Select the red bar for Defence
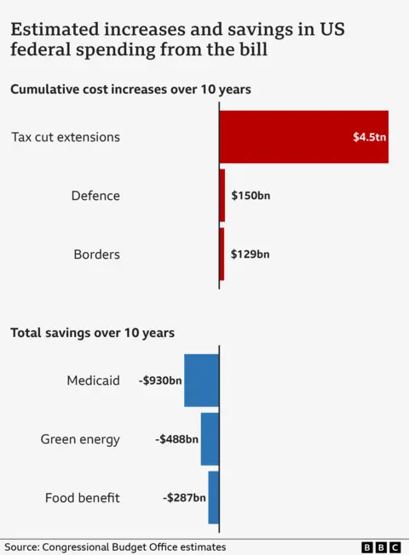pos(222,196)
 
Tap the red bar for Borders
pos(222,254)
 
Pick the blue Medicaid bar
pos(202,380)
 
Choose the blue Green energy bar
pos(210,439)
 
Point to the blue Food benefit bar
pos(213,497)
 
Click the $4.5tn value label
pos(368,137)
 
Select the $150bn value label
pos(251,196)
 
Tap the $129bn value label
pos(250,254)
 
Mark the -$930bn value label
pos(160,380)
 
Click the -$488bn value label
pos(176,439)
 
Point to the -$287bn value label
pos(184,497)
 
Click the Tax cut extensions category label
pos(66,137)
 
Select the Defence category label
pos(95,196)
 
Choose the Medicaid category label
pos(93,380)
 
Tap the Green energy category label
pos(80,439)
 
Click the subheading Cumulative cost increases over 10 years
pos(130,89)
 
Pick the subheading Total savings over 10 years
pos(92,333)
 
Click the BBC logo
pos(381,547)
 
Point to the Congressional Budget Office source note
pos(115,547)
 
